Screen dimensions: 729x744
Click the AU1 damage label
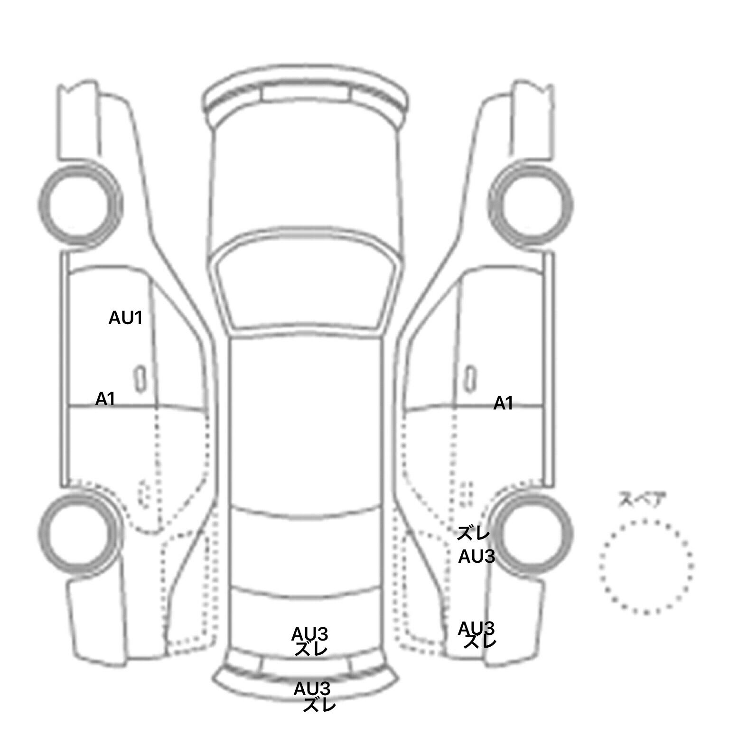pyautogui.click(x=125, y=317)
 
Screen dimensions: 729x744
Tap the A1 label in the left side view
pyautogui.click(x=105, y=399)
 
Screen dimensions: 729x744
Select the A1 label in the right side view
pyautogui.click(x=503, y=403)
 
